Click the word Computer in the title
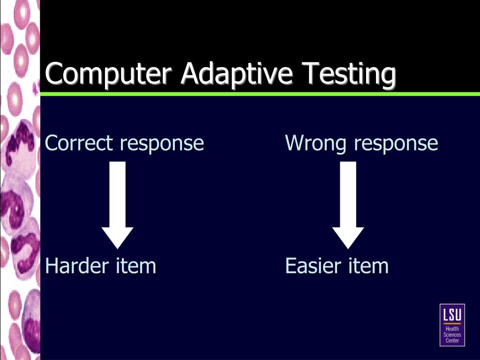109,74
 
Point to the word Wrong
316,143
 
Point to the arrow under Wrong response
348,202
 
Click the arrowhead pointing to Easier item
348,237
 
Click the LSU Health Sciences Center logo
452,325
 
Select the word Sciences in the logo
452,335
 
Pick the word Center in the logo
452,340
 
